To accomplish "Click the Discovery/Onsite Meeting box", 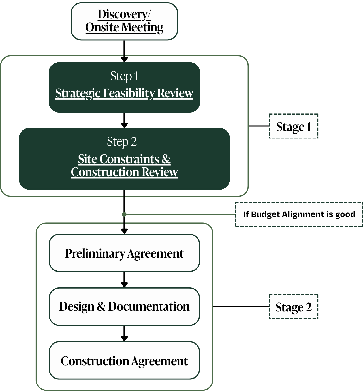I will [x=124, y=22].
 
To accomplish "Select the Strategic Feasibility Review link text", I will [x=124, y=93].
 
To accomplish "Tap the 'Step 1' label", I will [x=124, y=76].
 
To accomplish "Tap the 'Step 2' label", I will [x=122, y=141].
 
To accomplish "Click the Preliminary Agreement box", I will [x=124, y=253].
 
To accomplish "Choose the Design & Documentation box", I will [x=124, y=306].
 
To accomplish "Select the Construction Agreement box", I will [x=124, y=360].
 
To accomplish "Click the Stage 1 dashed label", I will [x=294, y=126].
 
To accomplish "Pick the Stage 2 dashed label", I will [x=294, y=307].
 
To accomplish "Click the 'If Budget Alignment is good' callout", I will [x=299, y=214].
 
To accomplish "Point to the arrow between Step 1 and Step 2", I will [x=124, y=121].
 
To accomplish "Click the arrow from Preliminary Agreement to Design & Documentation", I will [x=124, y=280].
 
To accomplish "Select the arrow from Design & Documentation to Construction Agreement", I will [x=124, y=334].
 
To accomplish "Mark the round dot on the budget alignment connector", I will [x=124, y=214].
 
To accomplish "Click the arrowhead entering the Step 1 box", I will [x=124, y=59].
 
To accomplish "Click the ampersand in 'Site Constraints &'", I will [x=166, y=159].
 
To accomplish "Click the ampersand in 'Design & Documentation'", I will [x=101, y=306].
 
